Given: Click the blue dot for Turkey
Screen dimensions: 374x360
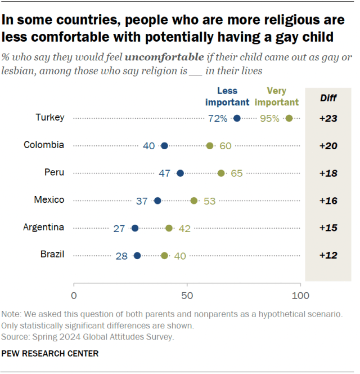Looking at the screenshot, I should pos(237,118).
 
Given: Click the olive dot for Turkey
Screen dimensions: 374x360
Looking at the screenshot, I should pos(289,118).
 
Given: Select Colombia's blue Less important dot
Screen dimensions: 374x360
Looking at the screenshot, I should pos(164,146).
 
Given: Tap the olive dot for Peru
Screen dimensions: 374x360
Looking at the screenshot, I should pos(221,173).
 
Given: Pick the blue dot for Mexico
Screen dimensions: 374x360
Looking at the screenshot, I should pos(157,201).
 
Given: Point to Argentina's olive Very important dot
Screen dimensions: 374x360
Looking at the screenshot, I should pos(169,228).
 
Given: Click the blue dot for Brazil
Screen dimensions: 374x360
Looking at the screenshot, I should pos(137,255).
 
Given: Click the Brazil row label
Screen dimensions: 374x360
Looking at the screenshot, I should pos(52,255).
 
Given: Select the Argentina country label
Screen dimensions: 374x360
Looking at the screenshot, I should pos(43,228).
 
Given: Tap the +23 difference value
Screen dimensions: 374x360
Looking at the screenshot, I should pos(328,118).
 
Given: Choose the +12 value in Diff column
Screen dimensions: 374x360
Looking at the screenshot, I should pos(328,255).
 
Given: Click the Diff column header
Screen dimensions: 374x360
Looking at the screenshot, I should pos(328,98).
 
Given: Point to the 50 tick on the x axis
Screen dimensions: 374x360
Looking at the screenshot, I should pos(187,295).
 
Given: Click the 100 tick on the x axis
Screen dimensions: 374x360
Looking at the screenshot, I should pos(300,295).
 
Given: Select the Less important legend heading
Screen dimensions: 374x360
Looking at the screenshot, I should pos(227,96).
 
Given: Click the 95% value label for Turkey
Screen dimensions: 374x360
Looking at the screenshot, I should pos(269,118).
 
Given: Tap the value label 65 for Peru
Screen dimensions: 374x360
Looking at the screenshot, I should pos(236,173).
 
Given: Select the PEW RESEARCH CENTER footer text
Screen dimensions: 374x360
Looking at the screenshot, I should pos(50,353).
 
